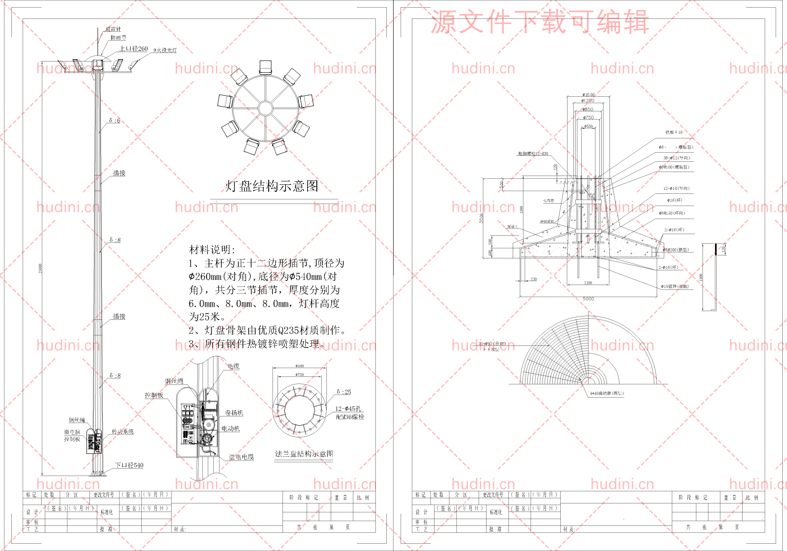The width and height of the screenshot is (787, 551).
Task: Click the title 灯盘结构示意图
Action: (271, 186)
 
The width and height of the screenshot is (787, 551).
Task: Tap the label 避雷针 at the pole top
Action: (113, 29)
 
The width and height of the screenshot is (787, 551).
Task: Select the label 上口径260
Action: (133, 49)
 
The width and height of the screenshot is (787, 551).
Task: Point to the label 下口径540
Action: (129, 465)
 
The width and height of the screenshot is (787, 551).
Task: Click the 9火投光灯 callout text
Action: (165, 50)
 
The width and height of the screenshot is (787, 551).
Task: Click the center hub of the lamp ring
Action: (265, 108)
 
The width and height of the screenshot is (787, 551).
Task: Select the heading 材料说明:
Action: (212, 250)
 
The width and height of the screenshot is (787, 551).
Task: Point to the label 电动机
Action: (230, 428)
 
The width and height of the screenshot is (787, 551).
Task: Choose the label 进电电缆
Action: (241, 457)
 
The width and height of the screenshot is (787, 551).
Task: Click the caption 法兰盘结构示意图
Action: (304, 454)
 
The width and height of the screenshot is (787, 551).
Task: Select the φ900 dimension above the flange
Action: (299, 366)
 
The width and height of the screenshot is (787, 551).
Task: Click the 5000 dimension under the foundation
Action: (588, 299)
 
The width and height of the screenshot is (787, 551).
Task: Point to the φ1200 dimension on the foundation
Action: (588, 101)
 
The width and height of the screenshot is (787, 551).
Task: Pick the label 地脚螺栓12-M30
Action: (533, 154)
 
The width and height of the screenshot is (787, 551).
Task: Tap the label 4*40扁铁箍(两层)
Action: (607, 393)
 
